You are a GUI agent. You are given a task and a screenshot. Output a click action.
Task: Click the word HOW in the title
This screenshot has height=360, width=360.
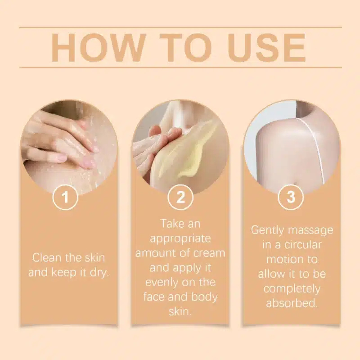99,47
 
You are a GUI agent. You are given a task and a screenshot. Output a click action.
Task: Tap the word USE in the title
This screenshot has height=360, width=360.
266,47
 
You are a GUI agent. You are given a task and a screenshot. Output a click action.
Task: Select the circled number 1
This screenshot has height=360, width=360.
65,197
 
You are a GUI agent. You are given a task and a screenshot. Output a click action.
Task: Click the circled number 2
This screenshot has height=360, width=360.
180,197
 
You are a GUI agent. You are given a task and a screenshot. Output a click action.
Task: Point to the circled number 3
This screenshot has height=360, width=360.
291,197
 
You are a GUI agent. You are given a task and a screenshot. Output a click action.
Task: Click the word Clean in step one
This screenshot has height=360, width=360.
47,257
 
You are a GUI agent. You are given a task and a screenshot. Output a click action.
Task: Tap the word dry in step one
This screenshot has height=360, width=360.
99,273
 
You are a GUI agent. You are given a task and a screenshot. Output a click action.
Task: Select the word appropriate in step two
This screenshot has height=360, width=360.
180,239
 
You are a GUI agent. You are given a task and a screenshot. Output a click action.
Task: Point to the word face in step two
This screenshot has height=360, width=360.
154,297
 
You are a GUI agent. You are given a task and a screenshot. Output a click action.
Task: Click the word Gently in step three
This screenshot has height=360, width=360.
267,230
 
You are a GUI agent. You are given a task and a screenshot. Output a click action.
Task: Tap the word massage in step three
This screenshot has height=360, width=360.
310,231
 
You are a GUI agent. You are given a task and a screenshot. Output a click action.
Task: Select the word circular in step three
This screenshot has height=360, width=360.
303,244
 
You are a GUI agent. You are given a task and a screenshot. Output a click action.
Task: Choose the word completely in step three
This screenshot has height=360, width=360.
292,289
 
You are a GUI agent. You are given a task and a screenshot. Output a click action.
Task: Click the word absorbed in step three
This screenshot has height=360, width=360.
292,303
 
